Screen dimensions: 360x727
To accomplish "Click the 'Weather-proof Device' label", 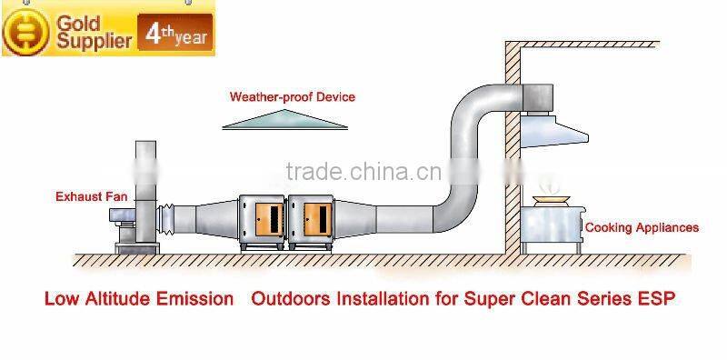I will [292, 96].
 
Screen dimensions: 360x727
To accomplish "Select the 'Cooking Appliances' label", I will [641, 227].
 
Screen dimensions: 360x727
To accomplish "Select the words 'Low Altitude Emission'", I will [139, 299].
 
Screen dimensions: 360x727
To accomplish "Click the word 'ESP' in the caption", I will [659, 299].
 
